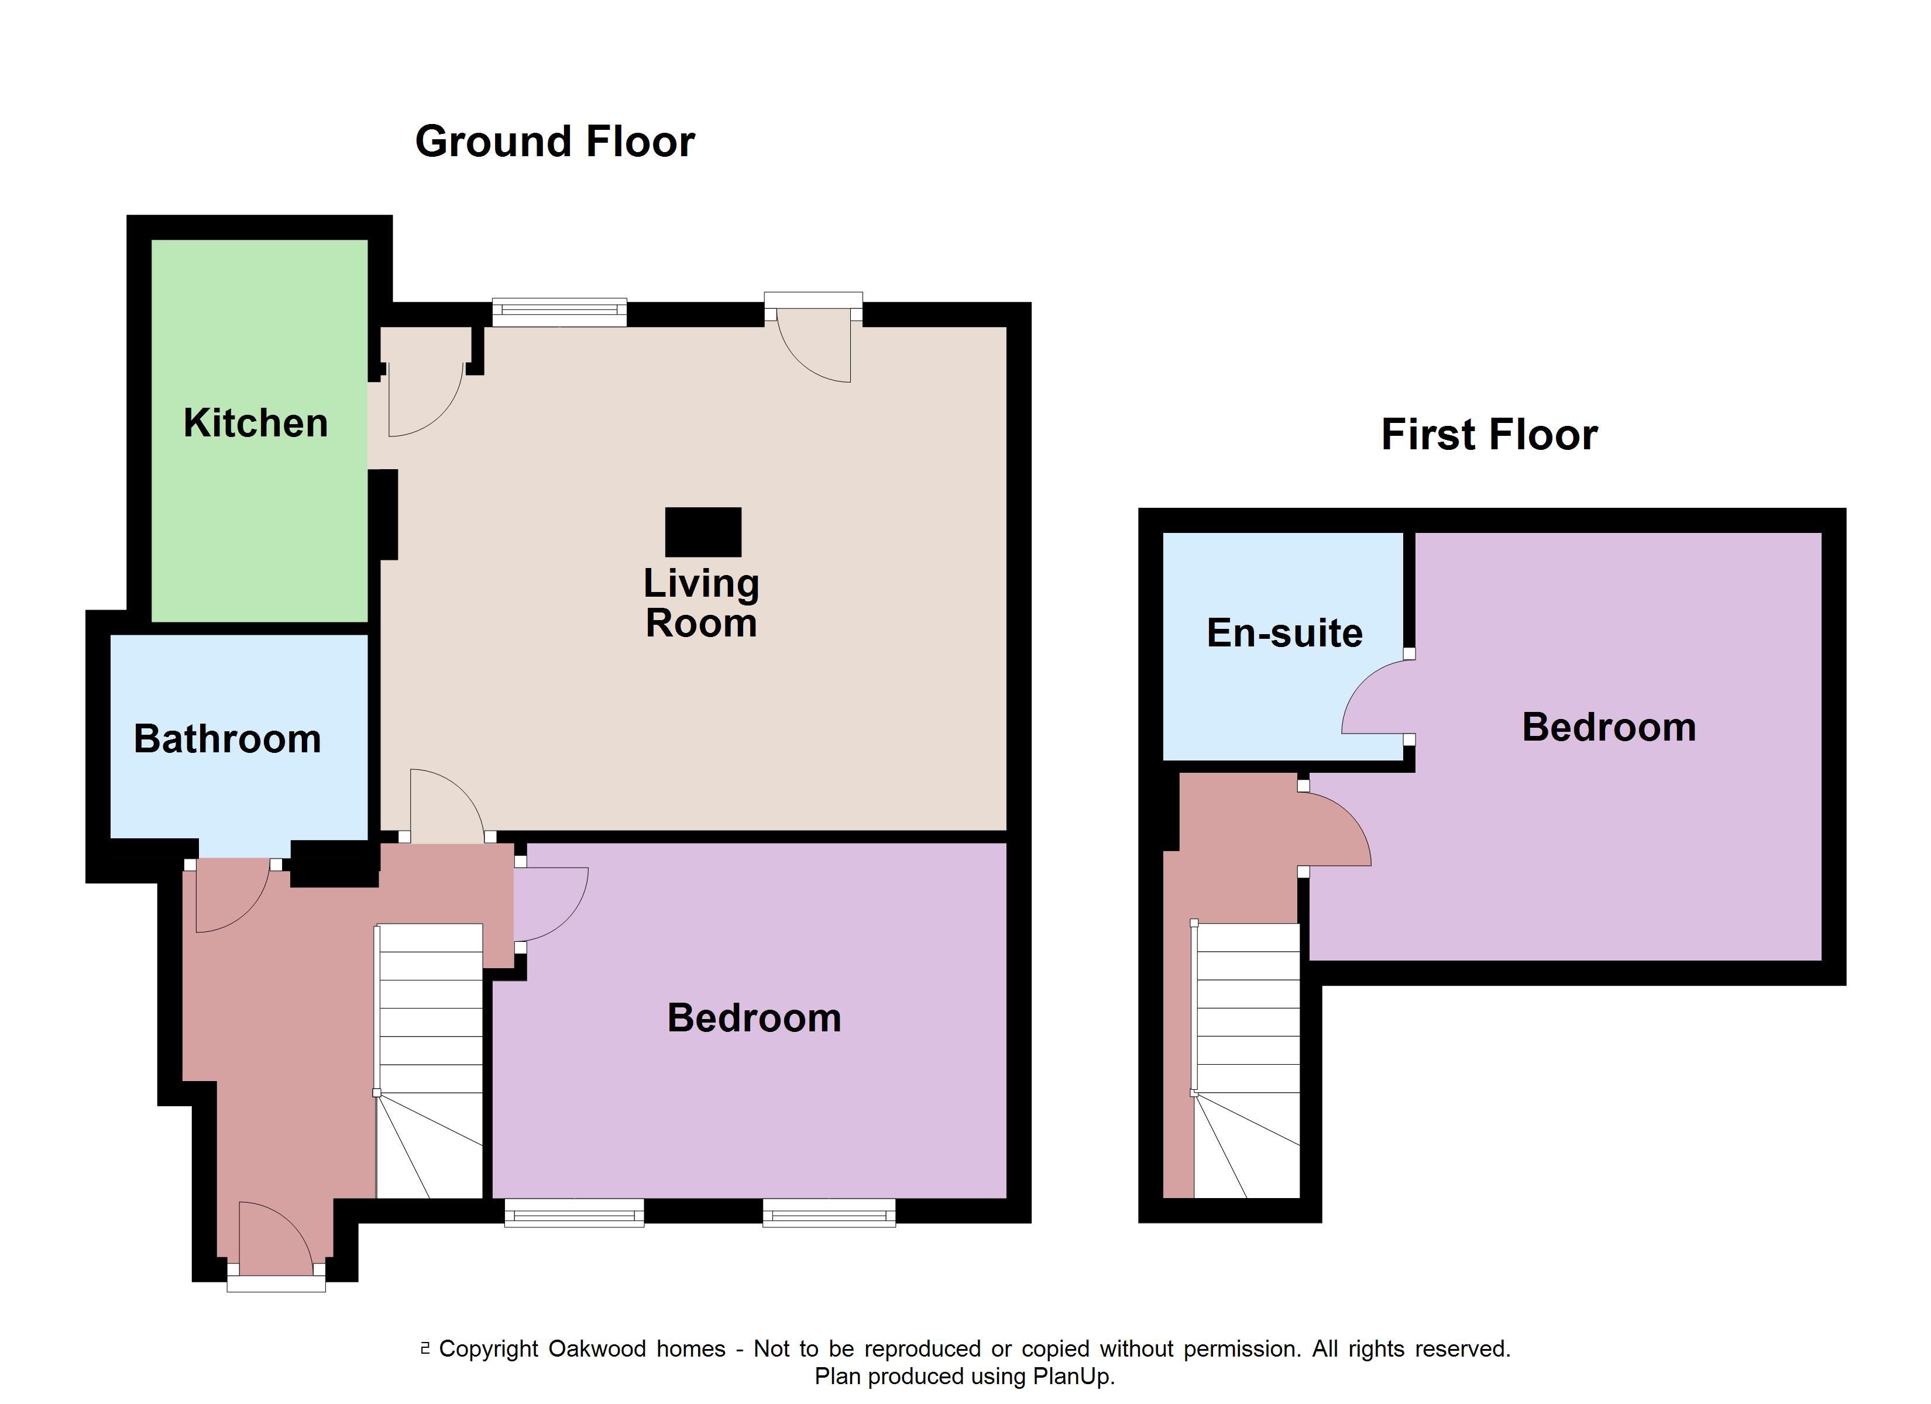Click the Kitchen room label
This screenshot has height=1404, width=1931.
256,423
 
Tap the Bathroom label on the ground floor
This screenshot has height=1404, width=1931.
227,738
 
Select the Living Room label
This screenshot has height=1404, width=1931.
700,603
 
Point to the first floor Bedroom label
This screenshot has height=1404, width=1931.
1609,727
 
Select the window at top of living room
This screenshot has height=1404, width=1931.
559,312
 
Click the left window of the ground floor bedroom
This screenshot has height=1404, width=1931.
574,1213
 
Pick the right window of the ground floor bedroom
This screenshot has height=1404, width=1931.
829,1213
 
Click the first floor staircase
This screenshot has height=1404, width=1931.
1246,1061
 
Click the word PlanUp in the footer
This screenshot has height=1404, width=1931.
1070,1376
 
